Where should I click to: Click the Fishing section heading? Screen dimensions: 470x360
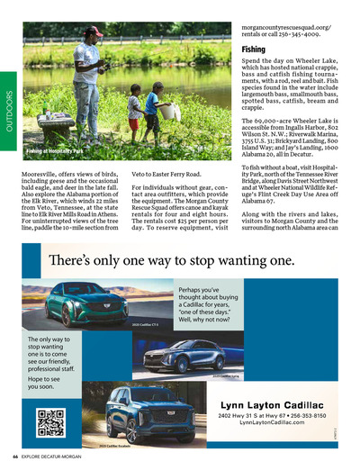(x=253, y=50)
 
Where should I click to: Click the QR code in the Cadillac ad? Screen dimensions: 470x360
(x=51, y=420)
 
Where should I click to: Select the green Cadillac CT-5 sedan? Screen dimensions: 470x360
(x=86, y=303)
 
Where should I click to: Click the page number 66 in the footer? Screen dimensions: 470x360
(x=16, y=456)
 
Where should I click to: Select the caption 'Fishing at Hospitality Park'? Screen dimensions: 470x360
(x=53, y=151)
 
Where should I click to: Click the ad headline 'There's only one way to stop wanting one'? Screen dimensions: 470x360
(x=171, y=260)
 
